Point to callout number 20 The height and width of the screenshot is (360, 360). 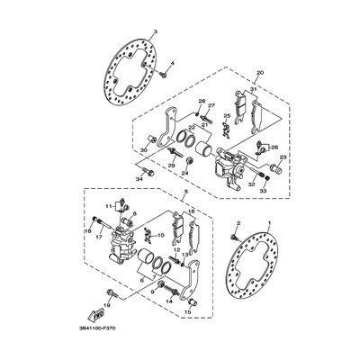[258, 71]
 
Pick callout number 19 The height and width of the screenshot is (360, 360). [107, 305]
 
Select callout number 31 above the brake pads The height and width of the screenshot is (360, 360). [254, 88]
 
